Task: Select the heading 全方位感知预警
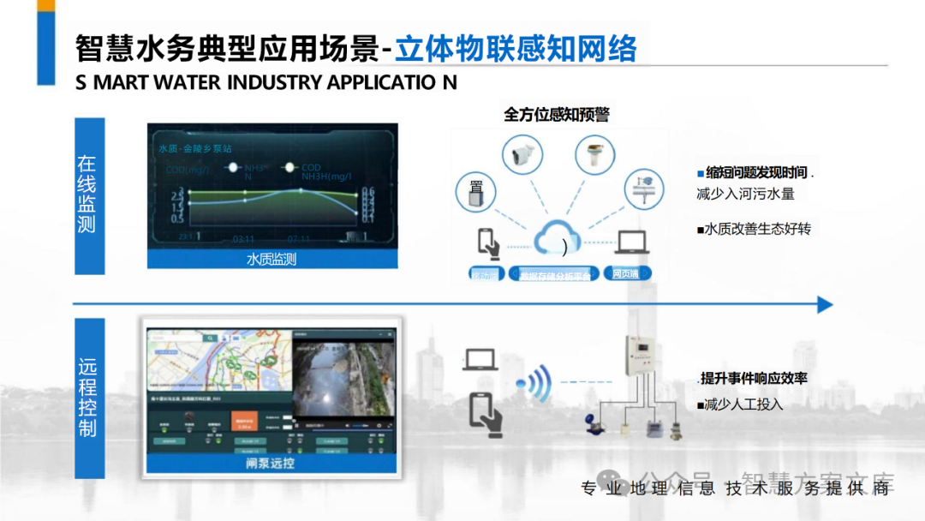(557, 114)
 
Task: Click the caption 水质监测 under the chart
(272, 259)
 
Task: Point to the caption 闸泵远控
(271, 463)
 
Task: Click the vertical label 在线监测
(88, 195)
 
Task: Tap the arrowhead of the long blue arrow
(824, 304)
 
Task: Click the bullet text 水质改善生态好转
(754, 230)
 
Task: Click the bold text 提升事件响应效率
(753, 378)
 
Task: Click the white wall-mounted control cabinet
(642, 354)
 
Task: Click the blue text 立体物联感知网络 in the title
(516, 48)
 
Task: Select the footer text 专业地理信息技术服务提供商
(737, 488)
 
